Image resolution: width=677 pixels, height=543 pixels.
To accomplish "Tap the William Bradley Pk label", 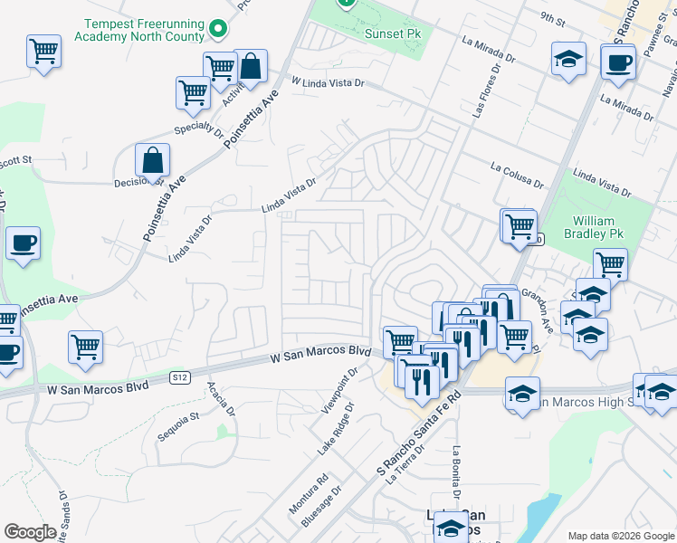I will coord(594,227).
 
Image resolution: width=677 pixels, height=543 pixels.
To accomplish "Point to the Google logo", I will coord(30,532).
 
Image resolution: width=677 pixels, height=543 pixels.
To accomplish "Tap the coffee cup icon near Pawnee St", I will coord(618,62).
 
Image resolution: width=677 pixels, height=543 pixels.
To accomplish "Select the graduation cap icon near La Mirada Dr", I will coord(567,59).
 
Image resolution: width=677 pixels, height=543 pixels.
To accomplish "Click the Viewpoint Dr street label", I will coord(338,393).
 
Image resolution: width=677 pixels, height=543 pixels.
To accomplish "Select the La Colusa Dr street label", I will coord(517,174).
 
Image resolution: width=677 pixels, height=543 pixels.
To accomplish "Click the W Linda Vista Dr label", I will coord(327,82).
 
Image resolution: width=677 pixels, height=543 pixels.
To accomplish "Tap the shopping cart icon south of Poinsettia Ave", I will coord(85,346).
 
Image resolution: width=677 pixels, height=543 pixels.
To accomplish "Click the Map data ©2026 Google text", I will coord(620,536).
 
